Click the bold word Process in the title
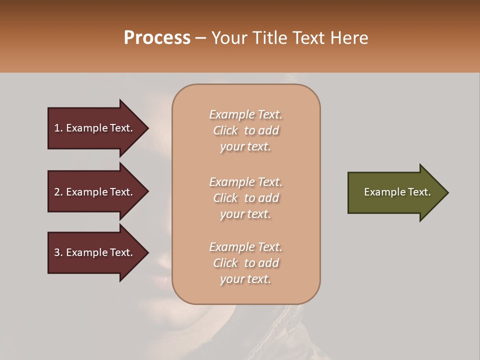[157, 38]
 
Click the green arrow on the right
[395, 192]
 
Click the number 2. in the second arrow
[58, 192]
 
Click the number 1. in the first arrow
[58, 128]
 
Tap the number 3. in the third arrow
[58, 252]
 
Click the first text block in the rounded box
[246, 130]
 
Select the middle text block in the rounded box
[246, 198]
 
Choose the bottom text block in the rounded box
[246, 263]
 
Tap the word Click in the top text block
[225, 130]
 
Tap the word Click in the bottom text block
[225, 263]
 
